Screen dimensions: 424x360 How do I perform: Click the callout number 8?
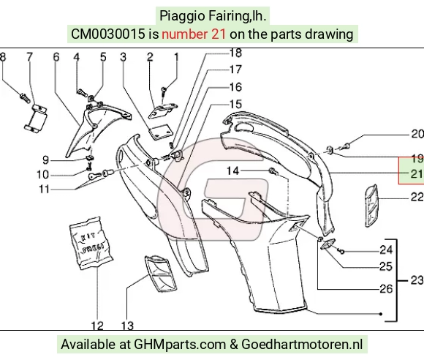pos(3,57)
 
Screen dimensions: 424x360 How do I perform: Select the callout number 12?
pos(97,326)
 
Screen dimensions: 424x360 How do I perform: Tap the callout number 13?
pos(127,326)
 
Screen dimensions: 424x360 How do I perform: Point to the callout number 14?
pos(232,171)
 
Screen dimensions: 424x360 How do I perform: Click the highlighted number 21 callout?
pos(417,173)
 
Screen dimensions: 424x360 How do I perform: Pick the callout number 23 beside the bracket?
pos(417,280)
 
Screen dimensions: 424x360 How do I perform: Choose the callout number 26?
pos(386,289)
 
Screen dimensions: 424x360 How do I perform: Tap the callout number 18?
pos(235,53)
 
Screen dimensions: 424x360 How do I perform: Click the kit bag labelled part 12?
pos(91,243)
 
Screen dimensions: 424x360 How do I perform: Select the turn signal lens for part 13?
pos(161,274)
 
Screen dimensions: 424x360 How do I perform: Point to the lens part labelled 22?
pos(371,206)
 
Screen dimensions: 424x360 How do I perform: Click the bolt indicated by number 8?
pos(25,98)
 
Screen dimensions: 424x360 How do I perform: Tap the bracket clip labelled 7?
pos(36,118)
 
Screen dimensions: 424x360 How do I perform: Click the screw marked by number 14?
pos(273,171)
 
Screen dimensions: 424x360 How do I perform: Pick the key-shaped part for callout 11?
pos(94,176)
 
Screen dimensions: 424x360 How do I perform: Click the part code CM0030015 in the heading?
pos(108,34)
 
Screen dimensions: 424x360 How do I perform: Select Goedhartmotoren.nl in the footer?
pos(302,345)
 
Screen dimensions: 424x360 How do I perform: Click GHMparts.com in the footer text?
pos(180,345)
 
